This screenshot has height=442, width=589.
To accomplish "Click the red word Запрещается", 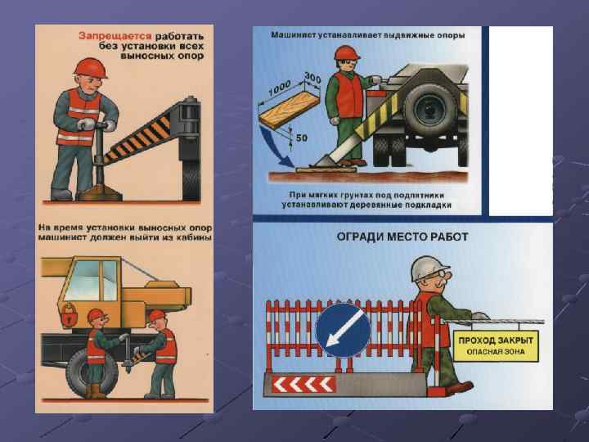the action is pos(115,36).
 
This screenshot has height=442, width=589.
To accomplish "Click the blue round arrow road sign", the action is pos(343,331).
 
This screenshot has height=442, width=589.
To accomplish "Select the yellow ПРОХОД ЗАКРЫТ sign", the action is pos(496,346).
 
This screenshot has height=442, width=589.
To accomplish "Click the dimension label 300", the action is pos(312,78).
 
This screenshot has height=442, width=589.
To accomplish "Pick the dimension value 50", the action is pos(302,138).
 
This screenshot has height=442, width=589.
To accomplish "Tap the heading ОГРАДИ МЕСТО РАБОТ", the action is pos(402,237).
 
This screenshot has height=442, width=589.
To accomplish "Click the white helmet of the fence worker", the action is pos(429,268).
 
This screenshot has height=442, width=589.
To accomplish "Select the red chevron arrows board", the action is pos(303,385).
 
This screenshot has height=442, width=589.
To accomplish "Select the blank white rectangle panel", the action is pos(520,120).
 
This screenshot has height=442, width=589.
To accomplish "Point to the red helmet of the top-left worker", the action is pos(91,67).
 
